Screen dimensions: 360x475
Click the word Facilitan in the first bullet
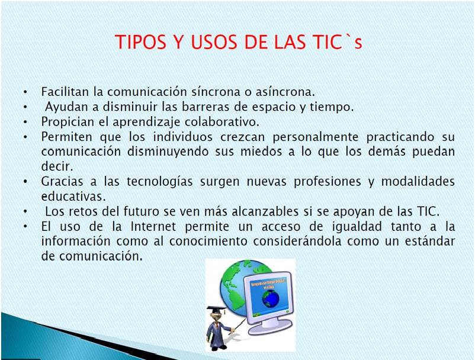63,92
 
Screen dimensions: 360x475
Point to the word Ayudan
66,107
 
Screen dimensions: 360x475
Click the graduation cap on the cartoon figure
214,311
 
